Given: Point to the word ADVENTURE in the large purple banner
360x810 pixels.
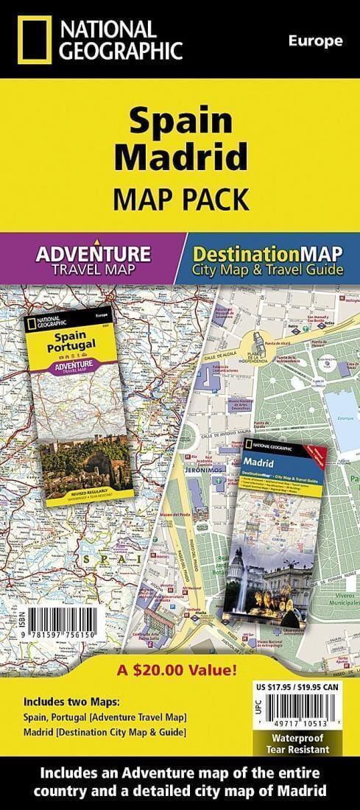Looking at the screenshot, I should pos(93,254).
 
